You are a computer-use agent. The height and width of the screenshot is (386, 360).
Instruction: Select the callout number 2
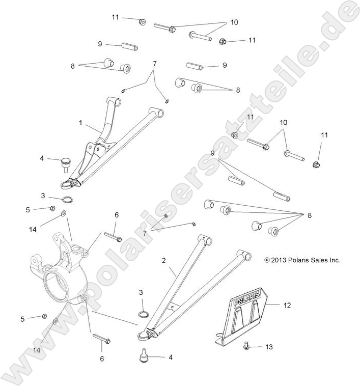[163, 260]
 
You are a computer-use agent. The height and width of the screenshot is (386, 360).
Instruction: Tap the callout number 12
[287, 306]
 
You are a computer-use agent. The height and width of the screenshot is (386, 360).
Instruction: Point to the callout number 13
[269, 347]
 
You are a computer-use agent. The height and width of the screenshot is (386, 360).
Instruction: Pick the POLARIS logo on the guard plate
[247, 301]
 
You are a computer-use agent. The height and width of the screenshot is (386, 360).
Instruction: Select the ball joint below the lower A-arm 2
[144, 354]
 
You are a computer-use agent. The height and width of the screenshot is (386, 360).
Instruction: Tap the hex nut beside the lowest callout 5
[44, 316]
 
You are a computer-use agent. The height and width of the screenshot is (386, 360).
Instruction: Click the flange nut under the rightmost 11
[316, 164]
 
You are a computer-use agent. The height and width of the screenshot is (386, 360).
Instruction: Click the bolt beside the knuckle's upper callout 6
[113, 236]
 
